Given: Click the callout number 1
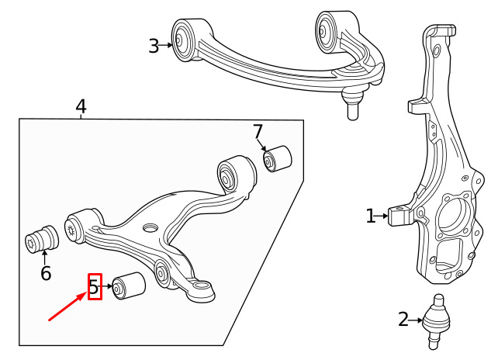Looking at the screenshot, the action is [370, 216].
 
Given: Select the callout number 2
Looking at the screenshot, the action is [403, 320].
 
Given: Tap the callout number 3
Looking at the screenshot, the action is [154, 46].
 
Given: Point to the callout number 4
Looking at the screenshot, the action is [81, 106].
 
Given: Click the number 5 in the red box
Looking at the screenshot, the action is [95, 286].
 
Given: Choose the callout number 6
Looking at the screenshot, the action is [46, 273].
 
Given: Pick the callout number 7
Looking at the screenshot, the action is [258, 131].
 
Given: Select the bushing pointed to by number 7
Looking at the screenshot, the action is [278, 158].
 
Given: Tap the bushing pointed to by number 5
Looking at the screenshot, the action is [129, 286].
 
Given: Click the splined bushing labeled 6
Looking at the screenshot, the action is [42, 240].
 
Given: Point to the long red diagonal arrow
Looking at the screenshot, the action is [67, 307].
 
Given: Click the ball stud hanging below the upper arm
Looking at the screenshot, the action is [352, 103].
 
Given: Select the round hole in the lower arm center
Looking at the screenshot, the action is [150, 227].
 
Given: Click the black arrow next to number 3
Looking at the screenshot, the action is [165, 46].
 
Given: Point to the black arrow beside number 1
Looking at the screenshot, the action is [382, 216].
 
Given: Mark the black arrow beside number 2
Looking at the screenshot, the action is [416, 320].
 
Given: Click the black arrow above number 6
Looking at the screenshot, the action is [45, 258].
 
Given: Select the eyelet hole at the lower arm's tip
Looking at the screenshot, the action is [200, 285].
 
